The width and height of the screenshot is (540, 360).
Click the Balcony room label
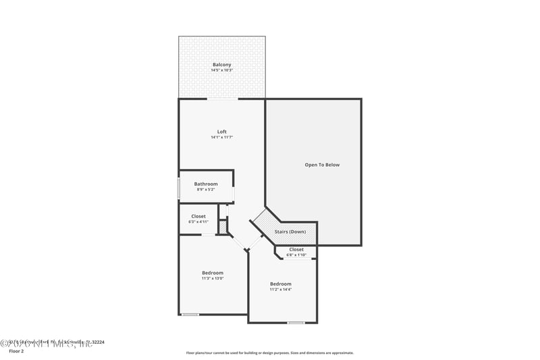click(221, 65)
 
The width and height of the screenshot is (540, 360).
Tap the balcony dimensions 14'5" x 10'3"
click(221, 70)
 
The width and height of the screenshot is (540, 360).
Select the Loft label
click(221, 132)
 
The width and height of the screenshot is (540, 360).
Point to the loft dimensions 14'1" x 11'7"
click(221, 137)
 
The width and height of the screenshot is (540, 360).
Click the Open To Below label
click(322, 165)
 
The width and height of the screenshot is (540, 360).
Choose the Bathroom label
click(206, 184)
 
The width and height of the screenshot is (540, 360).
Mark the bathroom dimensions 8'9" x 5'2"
click(206, 189)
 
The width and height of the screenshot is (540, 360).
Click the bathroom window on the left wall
click(178, 188)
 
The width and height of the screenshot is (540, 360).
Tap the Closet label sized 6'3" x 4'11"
click(198, 216)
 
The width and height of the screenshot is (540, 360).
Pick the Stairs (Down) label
click(290, 232)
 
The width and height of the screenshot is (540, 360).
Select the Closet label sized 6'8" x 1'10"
click(296, 249)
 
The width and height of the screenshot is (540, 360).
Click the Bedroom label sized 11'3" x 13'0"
click(213, 273)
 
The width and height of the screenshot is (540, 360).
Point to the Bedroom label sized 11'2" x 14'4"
click(281, 284)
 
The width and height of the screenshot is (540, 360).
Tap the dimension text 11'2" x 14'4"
click(281, 289)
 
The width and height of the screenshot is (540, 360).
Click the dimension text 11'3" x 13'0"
click(213, 278)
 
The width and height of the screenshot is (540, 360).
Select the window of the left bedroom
click(190, 314)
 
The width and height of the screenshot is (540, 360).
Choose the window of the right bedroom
click(296, 323)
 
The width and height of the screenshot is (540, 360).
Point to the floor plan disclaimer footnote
click(270, 353)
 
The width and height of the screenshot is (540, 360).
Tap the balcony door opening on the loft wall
click(222, 99)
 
